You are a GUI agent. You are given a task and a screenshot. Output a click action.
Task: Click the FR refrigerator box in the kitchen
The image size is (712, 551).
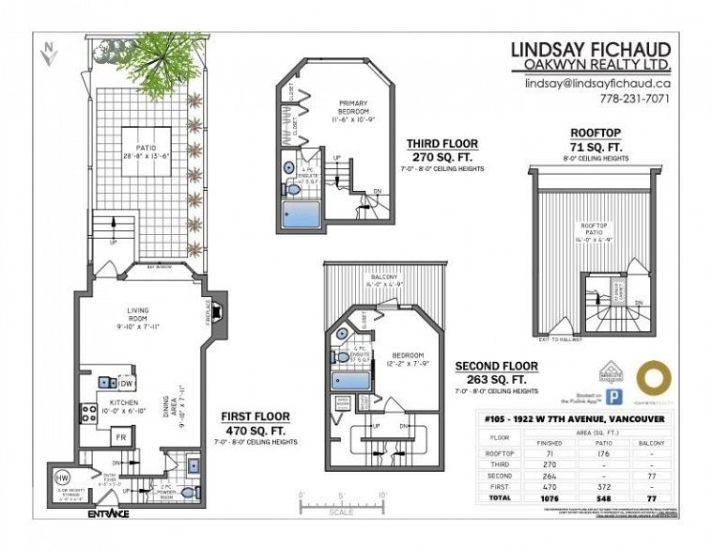pyautogui.click(x=120, y=437)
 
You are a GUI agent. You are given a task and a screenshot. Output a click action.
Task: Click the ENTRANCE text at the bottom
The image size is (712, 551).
pyautogui.click(x=108, y=514)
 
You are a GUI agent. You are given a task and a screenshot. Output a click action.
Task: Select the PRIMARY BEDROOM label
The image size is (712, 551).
pyautogui.click(x=353, y=110)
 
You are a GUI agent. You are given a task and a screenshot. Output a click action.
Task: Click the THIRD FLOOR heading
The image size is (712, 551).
pyautogui.click(x=441, y=144)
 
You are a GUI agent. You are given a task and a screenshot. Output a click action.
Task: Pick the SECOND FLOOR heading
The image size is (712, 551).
pyautogui.click(x=496, y=366)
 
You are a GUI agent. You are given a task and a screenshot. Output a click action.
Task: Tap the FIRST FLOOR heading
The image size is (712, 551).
pyautogui.click(x=255, y=416)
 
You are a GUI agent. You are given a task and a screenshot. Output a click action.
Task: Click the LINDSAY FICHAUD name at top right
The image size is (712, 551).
pyautogui.click(x=589, y=49)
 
